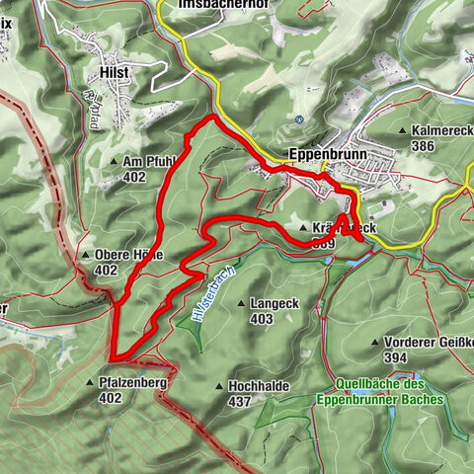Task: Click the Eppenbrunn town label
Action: pos(322,155)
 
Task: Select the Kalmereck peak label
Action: pos(442,130)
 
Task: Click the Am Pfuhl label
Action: pos(149,162)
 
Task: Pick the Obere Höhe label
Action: pos(125,254)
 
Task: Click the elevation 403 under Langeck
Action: pos(261,319)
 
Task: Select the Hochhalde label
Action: pos(256,387)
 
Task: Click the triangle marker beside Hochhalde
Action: pos(218,387)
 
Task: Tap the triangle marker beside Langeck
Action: pos(242,304)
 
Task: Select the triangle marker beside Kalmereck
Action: pos(403,130)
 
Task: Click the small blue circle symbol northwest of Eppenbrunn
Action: pos(298,119)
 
